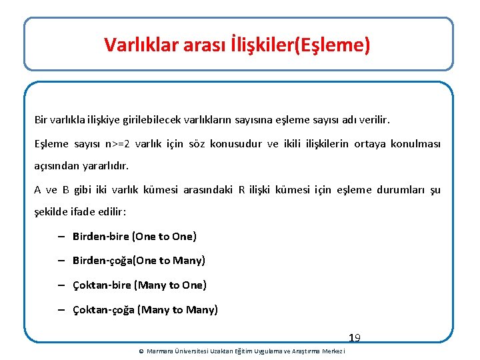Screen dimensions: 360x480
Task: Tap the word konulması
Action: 417,144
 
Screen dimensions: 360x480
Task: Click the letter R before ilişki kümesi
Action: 242,190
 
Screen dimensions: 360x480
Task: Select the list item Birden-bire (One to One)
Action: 134,236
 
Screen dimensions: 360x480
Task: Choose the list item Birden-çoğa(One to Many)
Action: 139,260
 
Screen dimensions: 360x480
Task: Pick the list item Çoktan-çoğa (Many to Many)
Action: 145,309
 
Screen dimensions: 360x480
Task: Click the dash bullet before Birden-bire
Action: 61,236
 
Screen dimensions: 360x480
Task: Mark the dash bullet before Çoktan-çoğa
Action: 61,309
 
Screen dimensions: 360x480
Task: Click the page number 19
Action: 355,338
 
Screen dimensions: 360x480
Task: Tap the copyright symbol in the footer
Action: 141,351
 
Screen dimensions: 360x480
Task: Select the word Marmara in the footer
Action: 160,351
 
